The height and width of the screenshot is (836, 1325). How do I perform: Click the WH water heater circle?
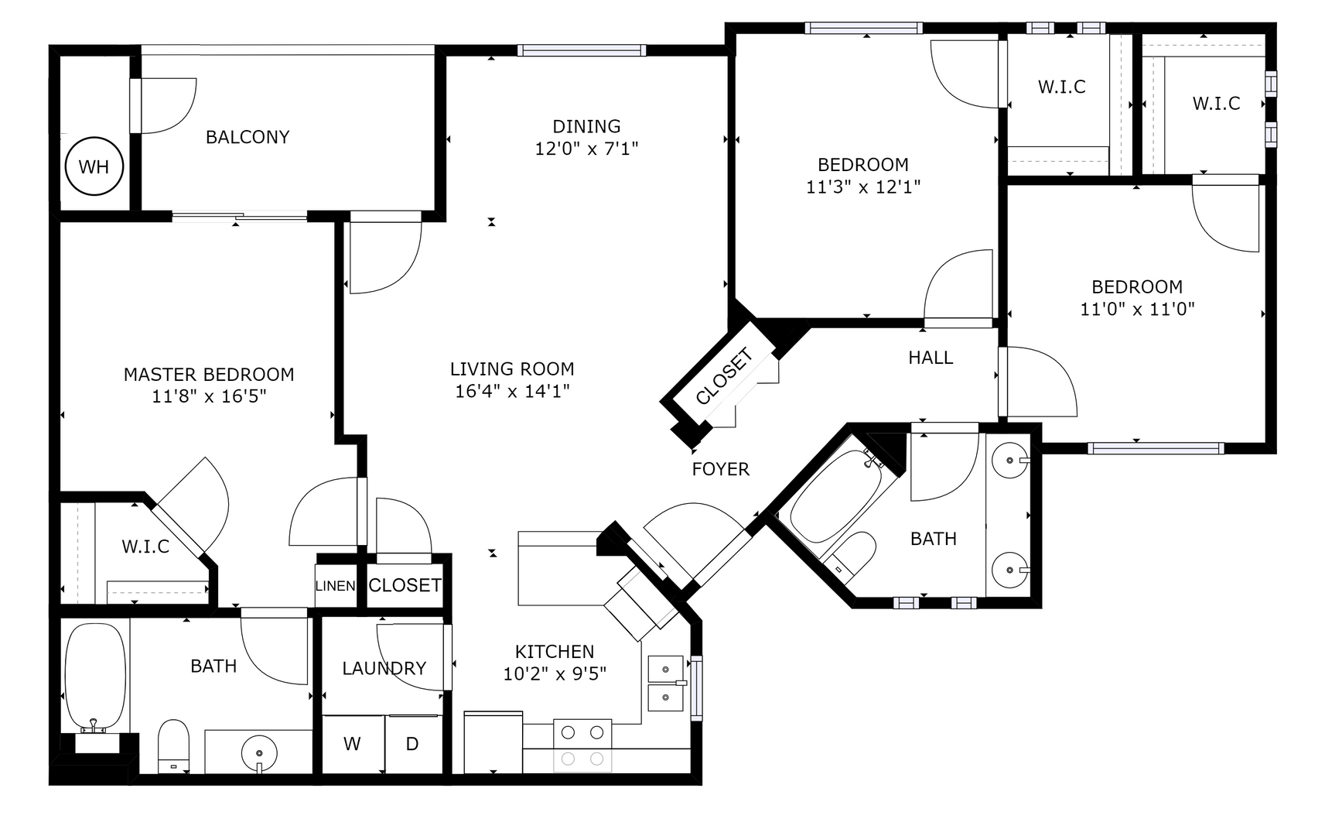click(x=94, y=166)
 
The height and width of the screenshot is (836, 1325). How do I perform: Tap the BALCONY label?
click(x=248, y=137)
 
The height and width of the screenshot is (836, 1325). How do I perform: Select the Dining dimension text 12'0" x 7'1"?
click(x=586, y=149)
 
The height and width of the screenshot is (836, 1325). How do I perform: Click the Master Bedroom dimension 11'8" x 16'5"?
click(x=209, y=396)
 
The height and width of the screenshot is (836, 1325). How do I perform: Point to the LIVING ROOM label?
click(x=512, y=368)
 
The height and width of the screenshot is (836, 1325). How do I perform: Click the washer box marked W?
click(x=352, y=744)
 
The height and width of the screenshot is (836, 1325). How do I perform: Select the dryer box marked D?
click(x=412, y=744)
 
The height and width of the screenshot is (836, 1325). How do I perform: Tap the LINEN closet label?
click(x=335, y=586)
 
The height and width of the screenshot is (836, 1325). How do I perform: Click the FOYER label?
click(x=720, y=469)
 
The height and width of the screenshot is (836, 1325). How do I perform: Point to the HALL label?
click(x=930, y=358)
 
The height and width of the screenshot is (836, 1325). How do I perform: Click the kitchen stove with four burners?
click(x=582, y=745)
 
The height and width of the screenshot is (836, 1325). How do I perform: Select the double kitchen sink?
click(x=664, y=684)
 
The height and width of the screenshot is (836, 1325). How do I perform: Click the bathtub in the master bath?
click(x=94, y=677)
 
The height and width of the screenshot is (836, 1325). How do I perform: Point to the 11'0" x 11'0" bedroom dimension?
click(x=1136, y=309)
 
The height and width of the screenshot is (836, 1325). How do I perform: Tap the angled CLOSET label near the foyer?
click(x=723, y=377)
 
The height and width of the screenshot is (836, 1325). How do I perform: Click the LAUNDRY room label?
click(x=384, y=668)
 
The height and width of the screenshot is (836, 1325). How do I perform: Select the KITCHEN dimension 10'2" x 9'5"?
click(x=555, y=674)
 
